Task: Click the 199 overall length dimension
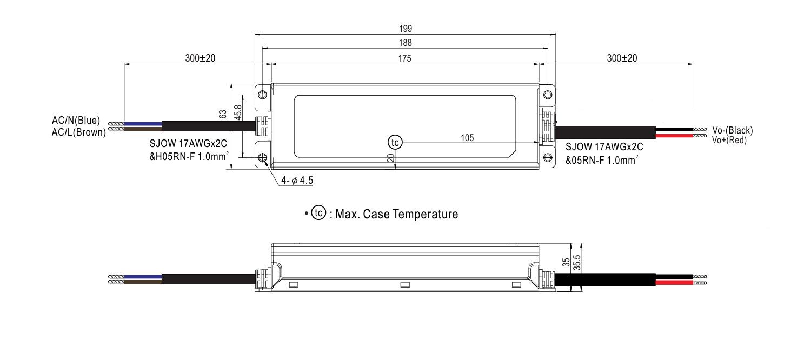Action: [405, 29]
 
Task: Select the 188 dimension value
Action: [405, 43]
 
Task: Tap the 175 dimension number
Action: [404, 58]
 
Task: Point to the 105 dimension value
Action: [467, 138]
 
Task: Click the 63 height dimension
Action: [223, 114]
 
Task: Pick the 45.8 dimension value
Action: [237, 112]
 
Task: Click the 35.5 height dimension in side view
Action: [576, 263]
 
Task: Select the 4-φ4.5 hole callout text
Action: [297, 180]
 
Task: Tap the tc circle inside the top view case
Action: [395, 143]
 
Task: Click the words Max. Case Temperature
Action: [397, 214]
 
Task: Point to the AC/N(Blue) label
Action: [76, 120]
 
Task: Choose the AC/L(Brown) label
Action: [79, 132]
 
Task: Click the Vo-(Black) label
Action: [733, 130]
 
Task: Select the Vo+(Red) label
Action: [729, 141]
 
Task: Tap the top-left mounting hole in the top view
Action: [262, 95]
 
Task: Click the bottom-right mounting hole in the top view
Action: [548, 157]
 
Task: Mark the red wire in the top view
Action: [674, 136]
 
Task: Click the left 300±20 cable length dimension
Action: [200, 58]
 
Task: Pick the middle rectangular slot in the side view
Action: [405, 285]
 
